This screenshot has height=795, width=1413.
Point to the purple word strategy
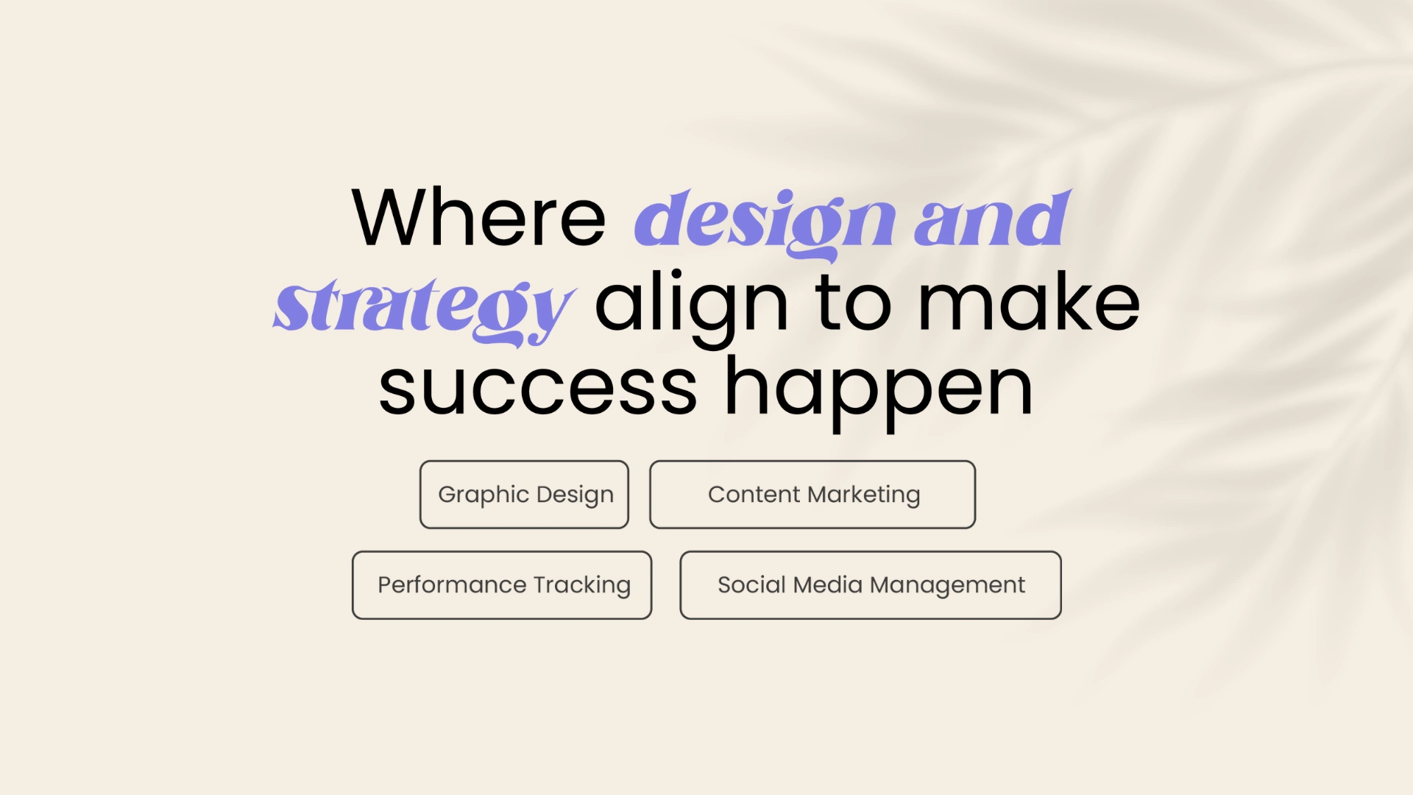click(425, 310)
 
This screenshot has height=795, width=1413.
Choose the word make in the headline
click(1030, 302)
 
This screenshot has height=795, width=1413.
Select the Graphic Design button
click(524, 495)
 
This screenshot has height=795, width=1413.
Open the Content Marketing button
click(812, 495)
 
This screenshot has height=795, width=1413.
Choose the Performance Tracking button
click(502, 585)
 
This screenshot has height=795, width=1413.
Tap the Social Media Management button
click(871, 585)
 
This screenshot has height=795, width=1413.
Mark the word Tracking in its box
click(582, 586)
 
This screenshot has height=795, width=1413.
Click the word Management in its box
click(948, 586)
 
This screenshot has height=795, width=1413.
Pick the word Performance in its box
click(452, 585)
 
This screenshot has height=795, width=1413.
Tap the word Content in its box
click(754, 495)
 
